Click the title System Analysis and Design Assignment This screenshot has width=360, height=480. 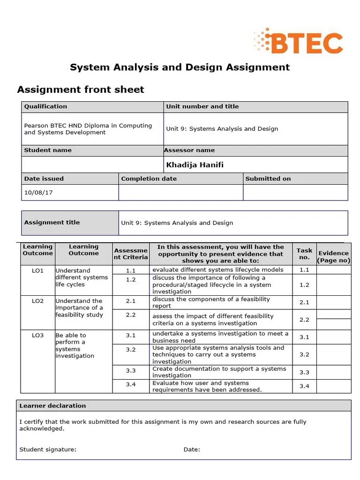pos(180,67)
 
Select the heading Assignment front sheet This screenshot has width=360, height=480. pos(81,90)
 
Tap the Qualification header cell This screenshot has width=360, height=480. pos(45,106)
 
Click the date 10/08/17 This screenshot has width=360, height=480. pos(35,192)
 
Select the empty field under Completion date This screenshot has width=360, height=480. pos(180,192)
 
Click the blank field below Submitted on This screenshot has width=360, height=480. pos(295,192)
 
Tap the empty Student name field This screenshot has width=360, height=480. pos(92,165)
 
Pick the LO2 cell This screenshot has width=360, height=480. pos(37,301)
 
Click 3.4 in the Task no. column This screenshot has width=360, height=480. pos(304,386)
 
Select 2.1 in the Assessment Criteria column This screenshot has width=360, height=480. pos(130,301)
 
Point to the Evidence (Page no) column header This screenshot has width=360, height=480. pos(333,256)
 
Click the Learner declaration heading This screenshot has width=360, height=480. pos(52,405)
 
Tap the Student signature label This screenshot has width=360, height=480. pos(48,450)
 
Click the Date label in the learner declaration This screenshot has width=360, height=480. pos(192,450)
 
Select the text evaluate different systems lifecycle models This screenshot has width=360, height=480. pos(218,270)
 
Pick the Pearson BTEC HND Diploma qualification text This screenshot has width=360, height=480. pos(88,129)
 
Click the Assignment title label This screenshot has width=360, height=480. pos(52,222)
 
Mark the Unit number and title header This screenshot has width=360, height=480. pos(202,106)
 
